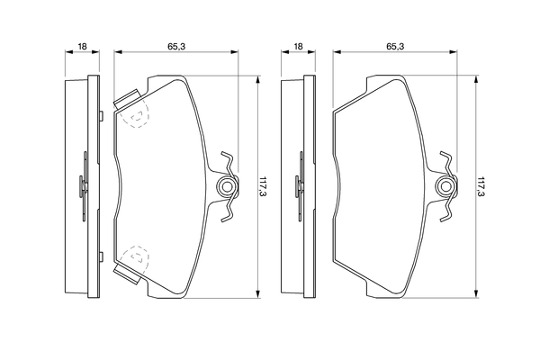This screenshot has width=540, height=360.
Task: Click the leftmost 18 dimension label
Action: [82, 46]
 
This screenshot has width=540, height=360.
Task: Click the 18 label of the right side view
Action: [298, 46]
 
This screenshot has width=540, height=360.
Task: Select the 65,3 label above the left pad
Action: [176, 46]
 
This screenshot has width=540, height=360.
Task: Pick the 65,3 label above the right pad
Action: [395, 46]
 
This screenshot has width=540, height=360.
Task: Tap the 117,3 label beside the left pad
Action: [263, 186]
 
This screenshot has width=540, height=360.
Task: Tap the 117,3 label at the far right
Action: [481, 186]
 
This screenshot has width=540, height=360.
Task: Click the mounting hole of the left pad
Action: [226, 186]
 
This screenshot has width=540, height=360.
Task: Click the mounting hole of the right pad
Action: [445, 186]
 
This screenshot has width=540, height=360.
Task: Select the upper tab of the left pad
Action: [126, 98]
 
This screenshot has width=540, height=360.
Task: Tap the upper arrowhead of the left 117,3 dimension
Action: [257, 79]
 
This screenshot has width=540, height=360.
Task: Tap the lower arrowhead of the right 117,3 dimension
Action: [476, 294]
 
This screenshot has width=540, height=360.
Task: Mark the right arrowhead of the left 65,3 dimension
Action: [234, 52]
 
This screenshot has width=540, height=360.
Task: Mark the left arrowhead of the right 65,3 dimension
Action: [337, 52]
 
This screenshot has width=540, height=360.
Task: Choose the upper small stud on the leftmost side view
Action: [101, 116]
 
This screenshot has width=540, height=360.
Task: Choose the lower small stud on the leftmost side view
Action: [101, 257]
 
